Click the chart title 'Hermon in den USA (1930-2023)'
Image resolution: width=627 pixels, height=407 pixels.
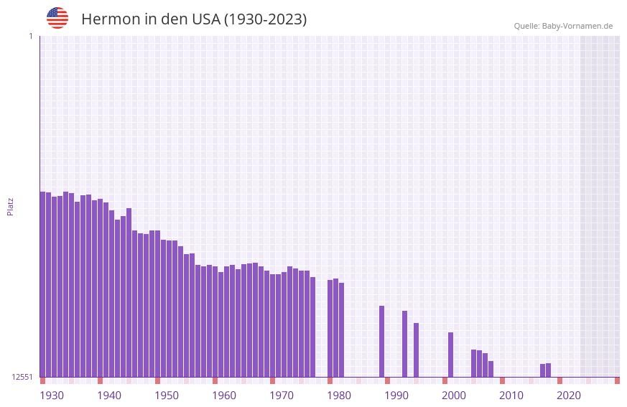194,19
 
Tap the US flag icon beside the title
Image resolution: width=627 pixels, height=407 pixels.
57,18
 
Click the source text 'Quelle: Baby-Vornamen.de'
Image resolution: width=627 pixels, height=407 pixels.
563,26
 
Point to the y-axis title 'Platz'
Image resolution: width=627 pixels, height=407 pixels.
10,206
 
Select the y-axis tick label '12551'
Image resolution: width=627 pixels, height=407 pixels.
22,377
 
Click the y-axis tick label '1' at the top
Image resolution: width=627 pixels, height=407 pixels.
30,36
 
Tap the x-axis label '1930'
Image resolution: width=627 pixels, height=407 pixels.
52,396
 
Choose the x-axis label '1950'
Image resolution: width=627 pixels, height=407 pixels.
167,396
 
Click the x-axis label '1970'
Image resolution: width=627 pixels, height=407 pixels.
282,396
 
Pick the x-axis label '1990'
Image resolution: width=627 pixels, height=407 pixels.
396,396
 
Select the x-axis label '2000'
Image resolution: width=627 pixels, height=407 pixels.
454,396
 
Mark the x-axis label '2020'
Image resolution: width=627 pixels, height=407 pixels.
569,396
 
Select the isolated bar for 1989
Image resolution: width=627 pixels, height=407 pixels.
381,341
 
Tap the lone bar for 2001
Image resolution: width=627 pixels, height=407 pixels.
450,355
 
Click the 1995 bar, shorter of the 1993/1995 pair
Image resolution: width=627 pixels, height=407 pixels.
416,350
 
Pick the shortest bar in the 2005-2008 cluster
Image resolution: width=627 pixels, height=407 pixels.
491,369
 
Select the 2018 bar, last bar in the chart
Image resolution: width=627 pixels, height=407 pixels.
548,370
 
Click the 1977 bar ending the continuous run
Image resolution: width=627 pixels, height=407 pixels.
312,327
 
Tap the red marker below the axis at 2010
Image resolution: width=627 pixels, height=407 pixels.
502,380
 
